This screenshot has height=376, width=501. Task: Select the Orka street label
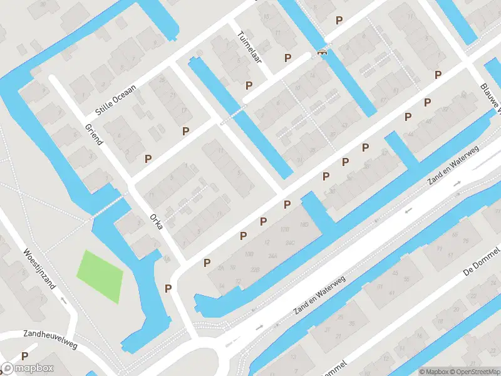click(x=157, y=222)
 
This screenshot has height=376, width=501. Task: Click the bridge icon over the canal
click(x=323, y=53)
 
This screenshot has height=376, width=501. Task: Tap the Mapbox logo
click(x=28, y=368)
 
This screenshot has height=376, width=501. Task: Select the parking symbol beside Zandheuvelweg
click(x=24, y=355)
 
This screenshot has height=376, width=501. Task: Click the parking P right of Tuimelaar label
click(x=287, y=58)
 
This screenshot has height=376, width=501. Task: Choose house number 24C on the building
click(x=290, y=243)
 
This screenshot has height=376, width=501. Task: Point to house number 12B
click(x=285, y=229)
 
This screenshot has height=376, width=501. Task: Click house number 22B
click(x=237, y=269)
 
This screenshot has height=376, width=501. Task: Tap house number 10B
click(x=249, y=254)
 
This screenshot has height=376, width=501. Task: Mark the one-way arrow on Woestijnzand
click(x=64, y=300)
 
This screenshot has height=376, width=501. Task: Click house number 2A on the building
click(x=220, y=268)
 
